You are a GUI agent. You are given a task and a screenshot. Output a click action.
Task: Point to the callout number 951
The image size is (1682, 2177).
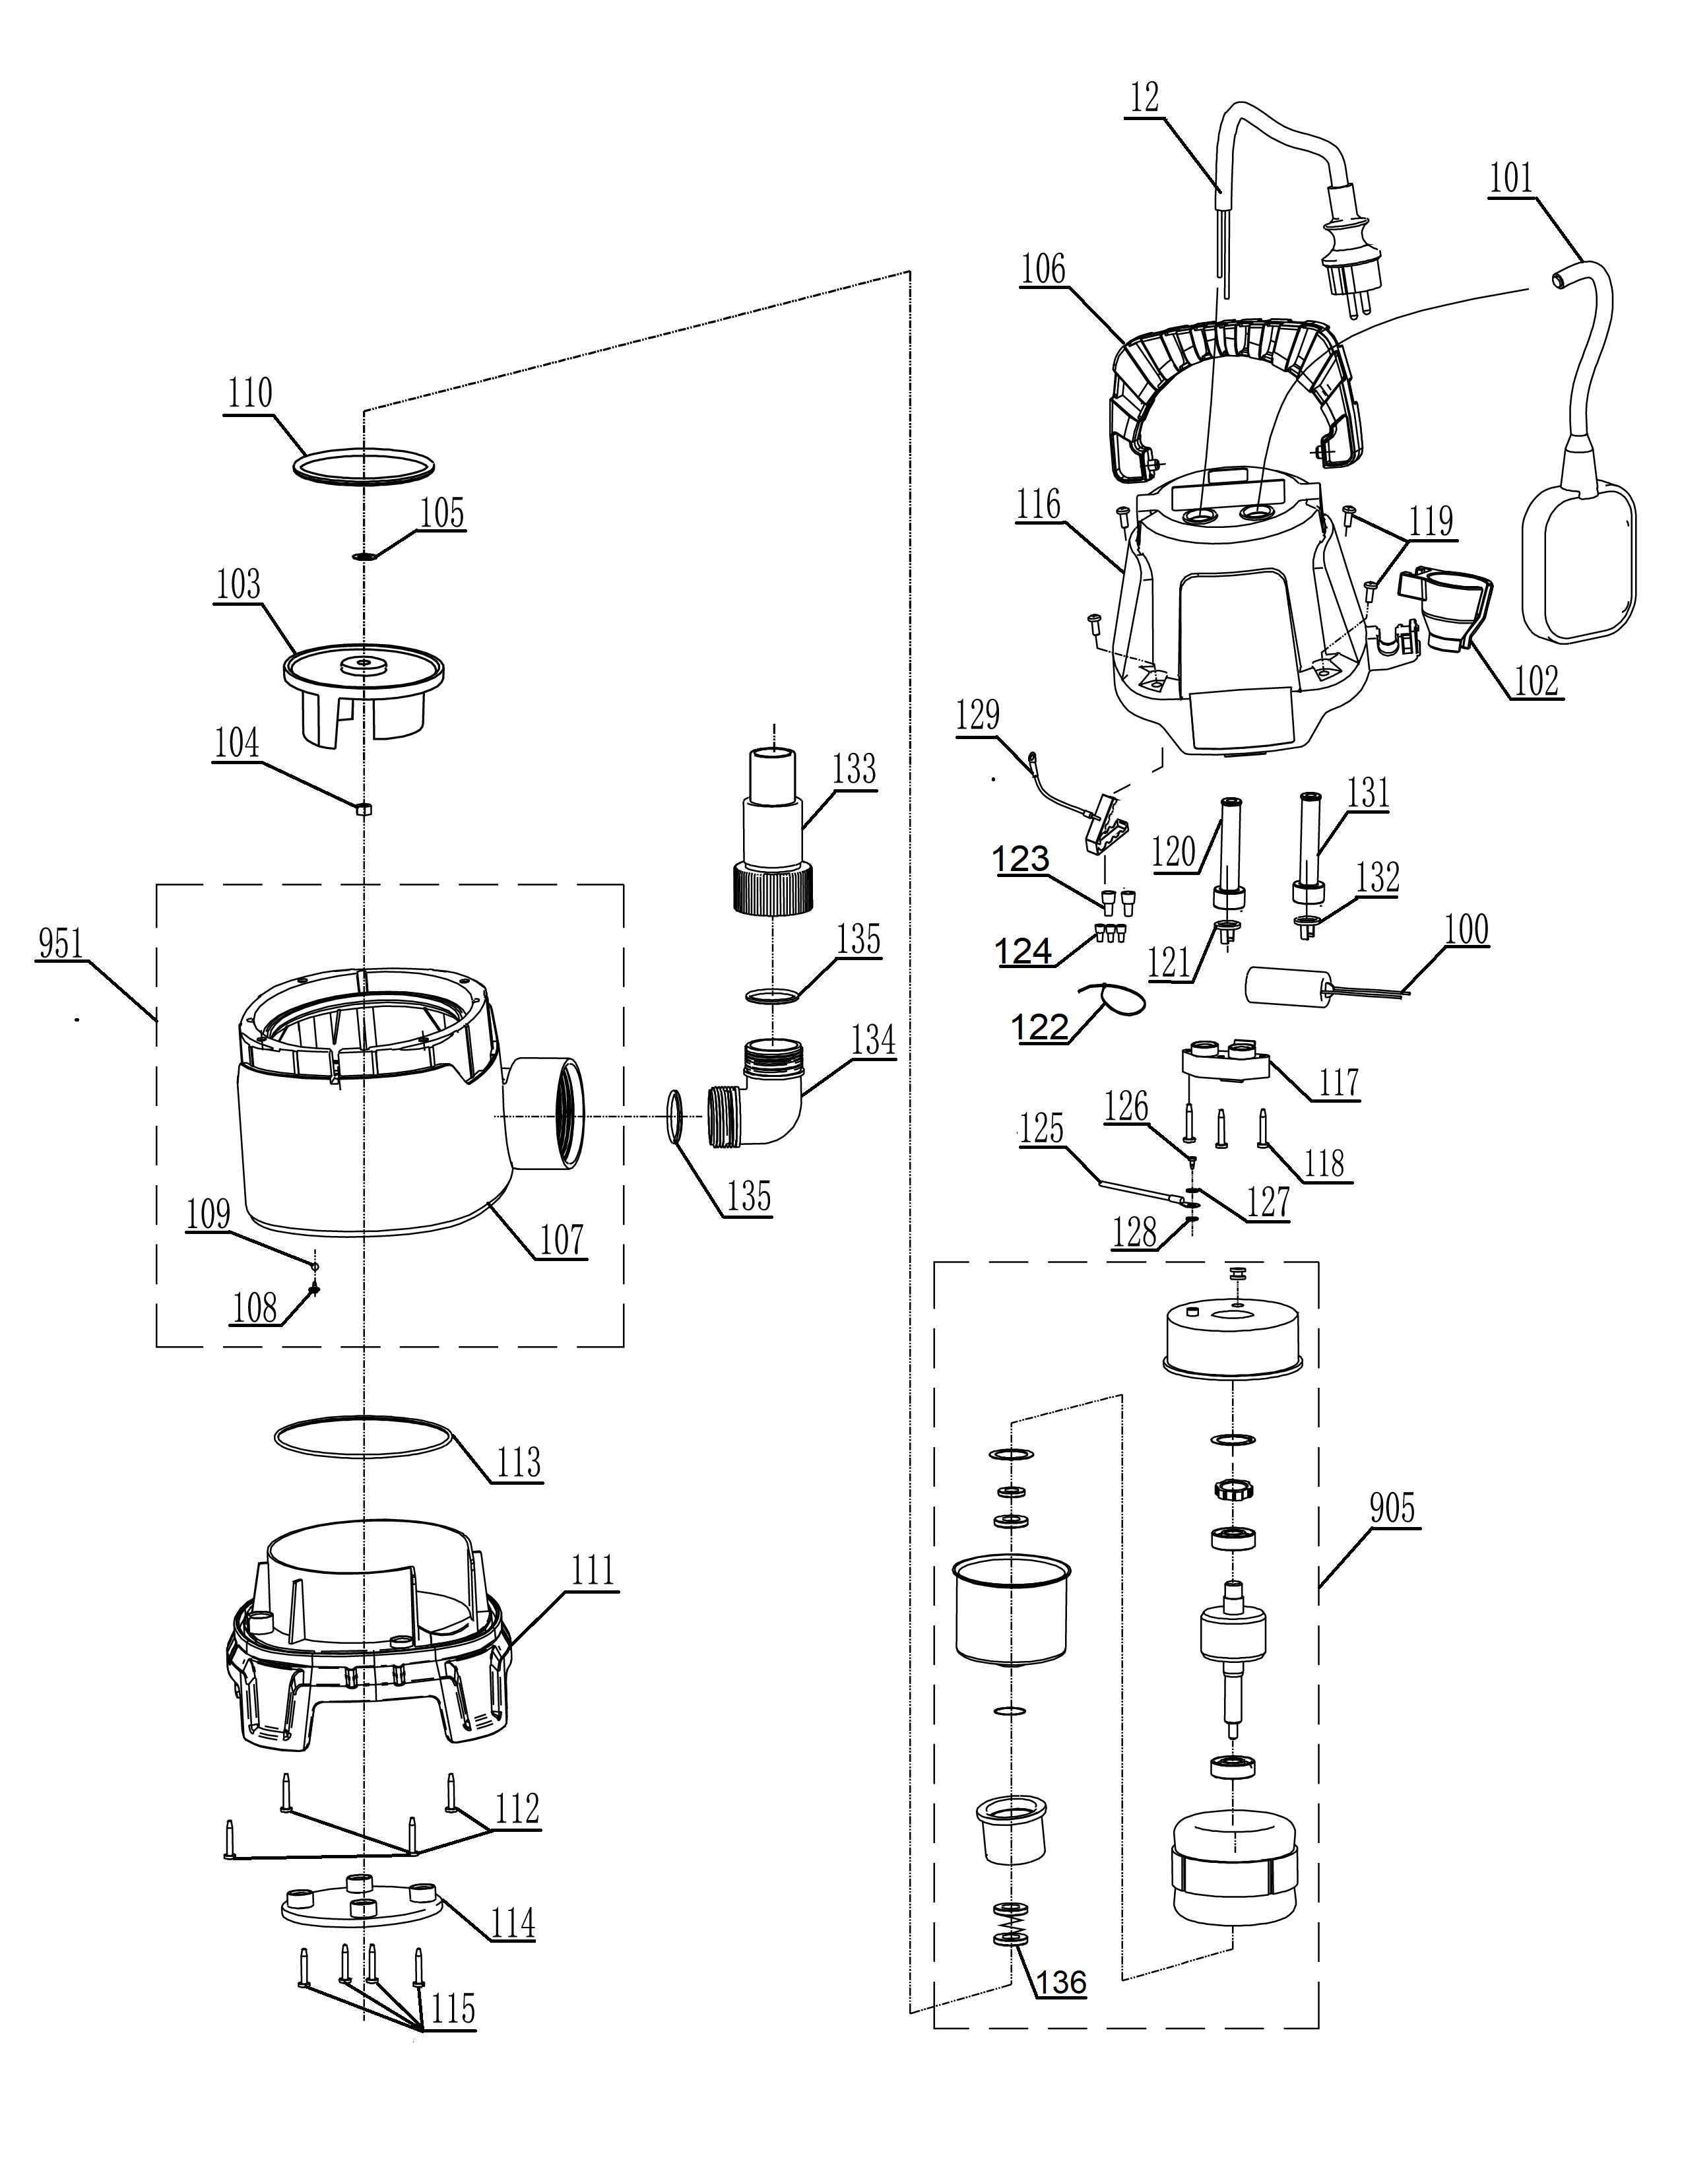(x=60, y=943)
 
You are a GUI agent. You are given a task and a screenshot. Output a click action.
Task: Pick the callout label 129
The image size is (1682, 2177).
(x=977, y=715)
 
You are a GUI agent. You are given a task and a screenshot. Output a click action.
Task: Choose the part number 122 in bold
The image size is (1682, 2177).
(x=1041, y=1027)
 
